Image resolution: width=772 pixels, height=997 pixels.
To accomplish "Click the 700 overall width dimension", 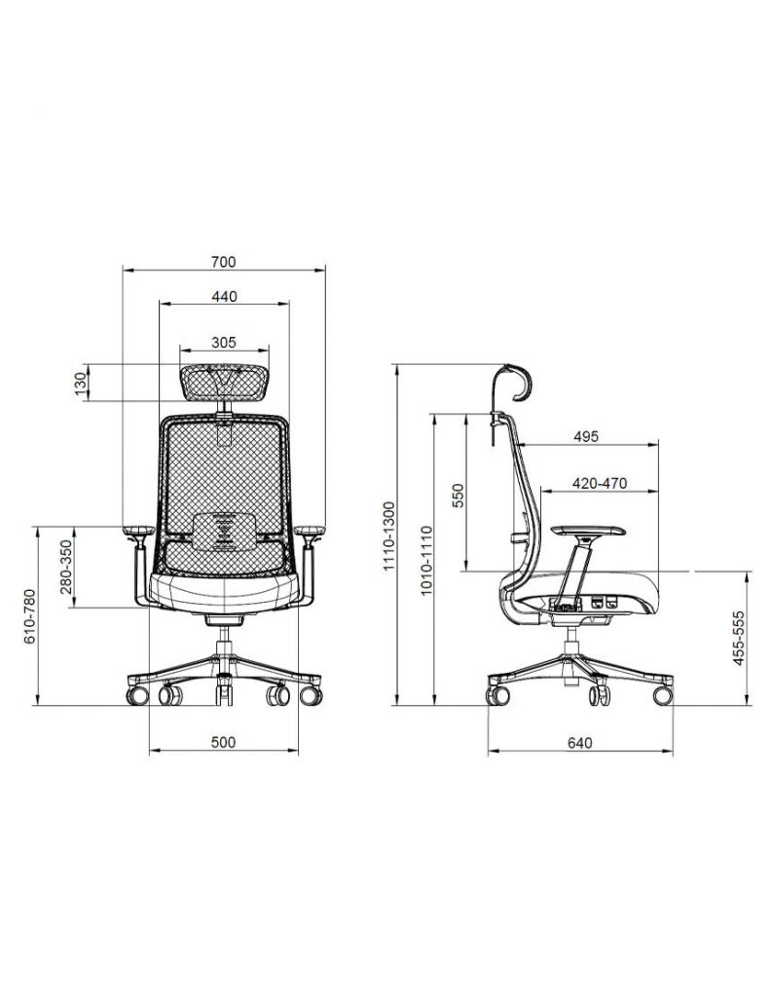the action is click(x=223, y=261).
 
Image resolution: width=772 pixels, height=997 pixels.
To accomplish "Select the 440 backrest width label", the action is click(x=224, y=296).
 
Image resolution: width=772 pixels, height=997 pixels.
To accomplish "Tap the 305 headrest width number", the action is click(x=224, y=343).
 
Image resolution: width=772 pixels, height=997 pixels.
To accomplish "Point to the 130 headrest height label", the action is click(x=81, y=384).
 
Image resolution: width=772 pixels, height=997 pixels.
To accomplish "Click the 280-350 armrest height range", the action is click(x=66, y=568).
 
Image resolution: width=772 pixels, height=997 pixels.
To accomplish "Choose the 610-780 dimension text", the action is click(x=30, y=616).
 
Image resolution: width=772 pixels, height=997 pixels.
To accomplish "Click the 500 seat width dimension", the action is click(x=223, y=742).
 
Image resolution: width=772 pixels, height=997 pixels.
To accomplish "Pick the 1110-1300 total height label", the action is click(x=389, y=536).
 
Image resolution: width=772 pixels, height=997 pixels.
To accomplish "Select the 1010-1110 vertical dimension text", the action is click(x=426, y=560).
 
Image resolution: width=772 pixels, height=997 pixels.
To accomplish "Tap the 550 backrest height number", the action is click(x=458, y=497).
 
